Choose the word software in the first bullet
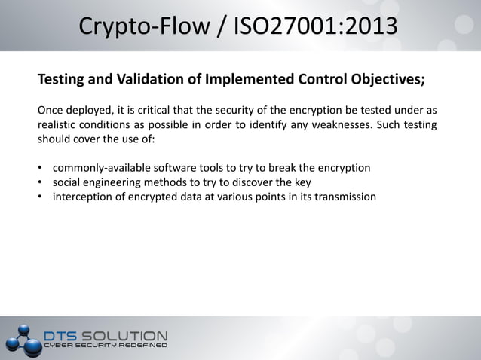click(x=178, y=167)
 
